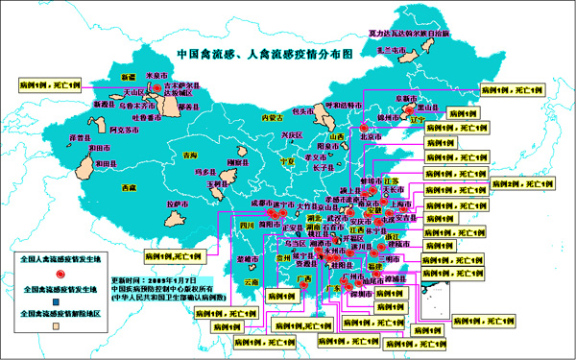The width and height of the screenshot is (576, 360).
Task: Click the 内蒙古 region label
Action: coord(274,118)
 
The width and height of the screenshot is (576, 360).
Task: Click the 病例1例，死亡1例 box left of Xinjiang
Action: coord(50,84)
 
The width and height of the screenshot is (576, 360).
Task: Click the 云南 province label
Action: coord(251,283)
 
